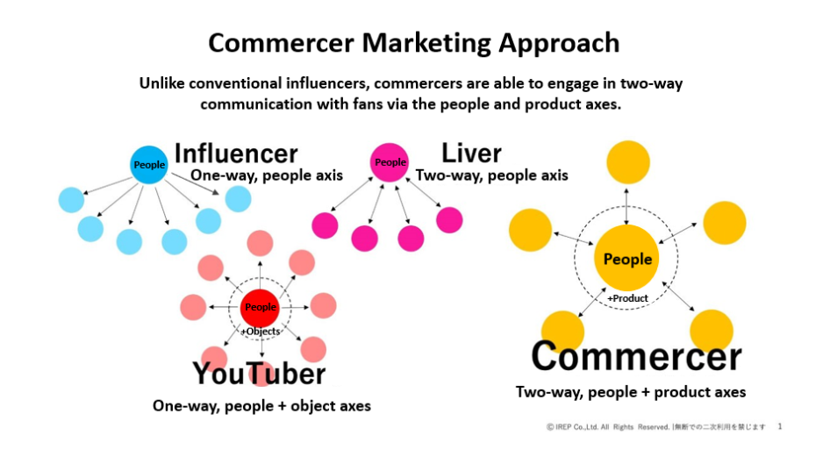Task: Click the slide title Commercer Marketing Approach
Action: pos(413,43)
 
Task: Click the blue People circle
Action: pos(149,165)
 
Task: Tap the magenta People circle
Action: pos(390,162)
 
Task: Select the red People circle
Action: pos(260,308)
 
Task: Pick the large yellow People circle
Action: pos(626,259)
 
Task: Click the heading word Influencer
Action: pos(236,154)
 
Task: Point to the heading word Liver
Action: pos(471,154)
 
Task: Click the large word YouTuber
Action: pos(259,374)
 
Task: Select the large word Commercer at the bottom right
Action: pos(636,356)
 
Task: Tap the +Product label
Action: pos(627,298)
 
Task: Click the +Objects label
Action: pos(261,332)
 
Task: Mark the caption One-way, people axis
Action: pos(267,175)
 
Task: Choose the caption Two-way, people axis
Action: pos(491,175)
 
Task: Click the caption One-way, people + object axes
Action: pos(261,406)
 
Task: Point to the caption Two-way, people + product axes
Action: pos(631,392)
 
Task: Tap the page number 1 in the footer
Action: pos(780,426)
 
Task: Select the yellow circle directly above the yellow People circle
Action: pos(628,162)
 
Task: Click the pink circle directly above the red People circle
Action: pos(260,244)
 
